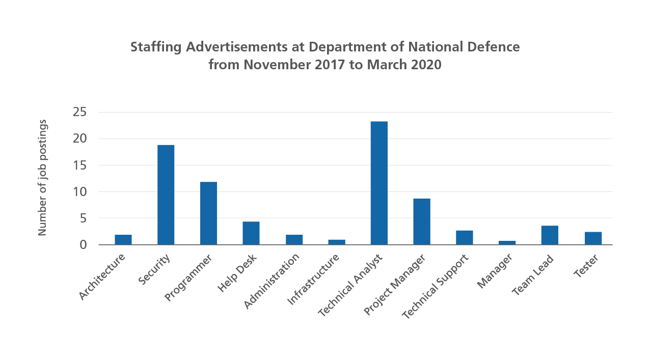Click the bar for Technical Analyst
pos(379,183)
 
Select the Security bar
pos(166,195)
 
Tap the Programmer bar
pos(208,213)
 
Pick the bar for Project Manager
pos(422,221)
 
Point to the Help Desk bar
pos(251,233)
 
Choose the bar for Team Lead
pos(550,235)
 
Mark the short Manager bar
pos(507,242)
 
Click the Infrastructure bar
pos(337,242)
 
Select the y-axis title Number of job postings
pos(42,178)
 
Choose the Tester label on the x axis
pos(586,266)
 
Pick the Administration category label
pos(272,281)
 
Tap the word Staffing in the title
pos(156,47)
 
